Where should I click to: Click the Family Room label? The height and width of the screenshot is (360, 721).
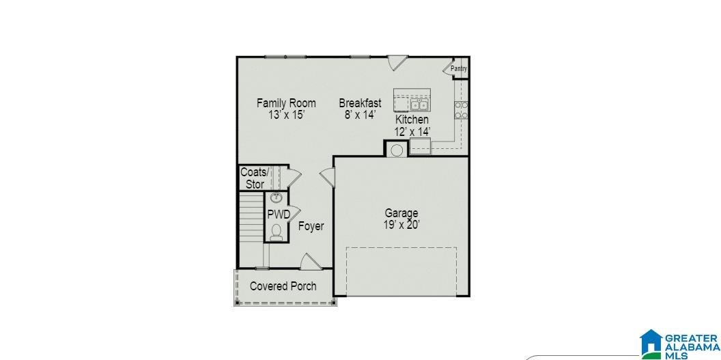(286, 102)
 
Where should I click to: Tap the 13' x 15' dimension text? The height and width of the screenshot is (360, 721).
(287, 115)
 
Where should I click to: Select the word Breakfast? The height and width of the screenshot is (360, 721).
(360, 102)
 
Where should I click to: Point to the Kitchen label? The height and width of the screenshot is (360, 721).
(412, 120)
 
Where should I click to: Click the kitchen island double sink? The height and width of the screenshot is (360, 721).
(419, 105)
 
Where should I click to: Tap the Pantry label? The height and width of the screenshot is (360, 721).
(459, 69)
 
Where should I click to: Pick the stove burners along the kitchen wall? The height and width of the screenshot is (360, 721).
(461, 110)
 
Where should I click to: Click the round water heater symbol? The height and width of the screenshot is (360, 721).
(397, 150)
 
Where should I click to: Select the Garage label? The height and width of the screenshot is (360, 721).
(401, 213)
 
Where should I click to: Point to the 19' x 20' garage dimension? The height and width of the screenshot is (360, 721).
(402, 225)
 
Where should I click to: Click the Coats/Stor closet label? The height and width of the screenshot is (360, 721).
(254, 178)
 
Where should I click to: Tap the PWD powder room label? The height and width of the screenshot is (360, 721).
(279, 214)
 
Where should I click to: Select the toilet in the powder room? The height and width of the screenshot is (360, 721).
(277, 232)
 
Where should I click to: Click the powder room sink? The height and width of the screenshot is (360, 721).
(276, 198)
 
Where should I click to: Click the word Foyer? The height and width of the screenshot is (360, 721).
(311, 226)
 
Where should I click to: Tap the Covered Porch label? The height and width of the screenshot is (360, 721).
(283, 286)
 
